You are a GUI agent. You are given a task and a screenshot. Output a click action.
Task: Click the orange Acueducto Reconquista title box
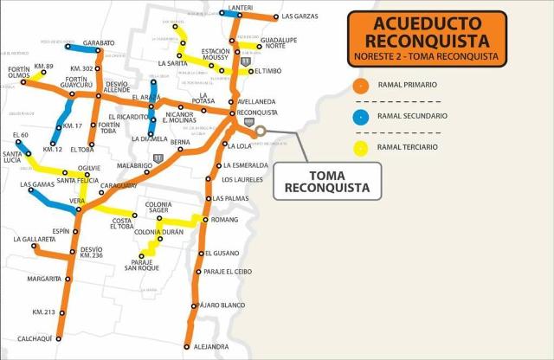click(x=427, y=37)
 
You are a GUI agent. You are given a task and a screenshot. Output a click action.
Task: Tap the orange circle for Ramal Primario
click(x=361, y=85)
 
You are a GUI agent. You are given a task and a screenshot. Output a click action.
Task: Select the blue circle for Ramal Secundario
click(x=361, y=116)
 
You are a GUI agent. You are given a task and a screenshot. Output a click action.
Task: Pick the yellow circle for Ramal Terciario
click(x=361, y=147)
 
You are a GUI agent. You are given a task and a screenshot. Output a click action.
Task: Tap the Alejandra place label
click(x=211, y=347)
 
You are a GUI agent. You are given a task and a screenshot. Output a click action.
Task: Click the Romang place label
click(x=224, y=221)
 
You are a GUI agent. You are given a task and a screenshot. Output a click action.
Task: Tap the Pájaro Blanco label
click(x=222, y=305)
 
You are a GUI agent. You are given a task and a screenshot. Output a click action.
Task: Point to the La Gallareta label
click(x=34, y=238)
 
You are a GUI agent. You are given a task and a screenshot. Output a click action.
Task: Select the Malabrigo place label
click(x=134, y=164)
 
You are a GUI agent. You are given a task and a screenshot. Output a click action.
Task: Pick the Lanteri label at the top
click(x=241, y=8)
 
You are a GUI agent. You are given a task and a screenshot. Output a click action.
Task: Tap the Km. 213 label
click(x=43, y=312)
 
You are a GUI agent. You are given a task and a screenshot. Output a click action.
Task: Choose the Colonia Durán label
click(x=160, y=232)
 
